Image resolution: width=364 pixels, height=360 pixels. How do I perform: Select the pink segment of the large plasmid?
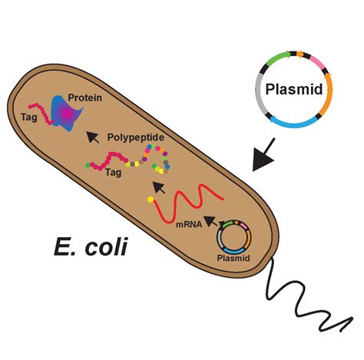click(x=314, y=59)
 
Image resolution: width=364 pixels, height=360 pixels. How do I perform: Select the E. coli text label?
click(x=91, y=247)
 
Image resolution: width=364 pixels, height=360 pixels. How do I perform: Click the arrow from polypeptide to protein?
click(x=93, y=137)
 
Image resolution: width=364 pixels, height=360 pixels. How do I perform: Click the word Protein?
click(x=86, y=97)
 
